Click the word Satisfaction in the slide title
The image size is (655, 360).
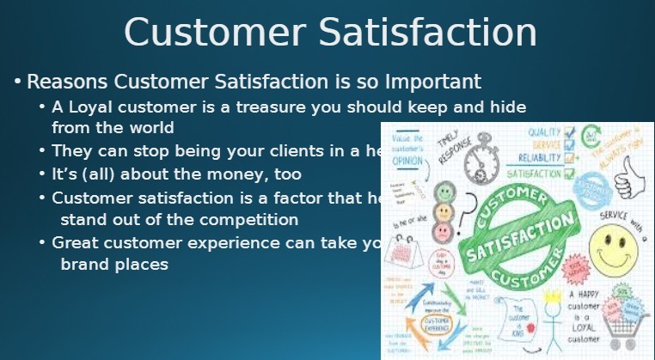coord(427,32)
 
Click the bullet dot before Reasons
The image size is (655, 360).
coord(16,82)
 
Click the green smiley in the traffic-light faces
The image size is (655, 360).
coord(444,191)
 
